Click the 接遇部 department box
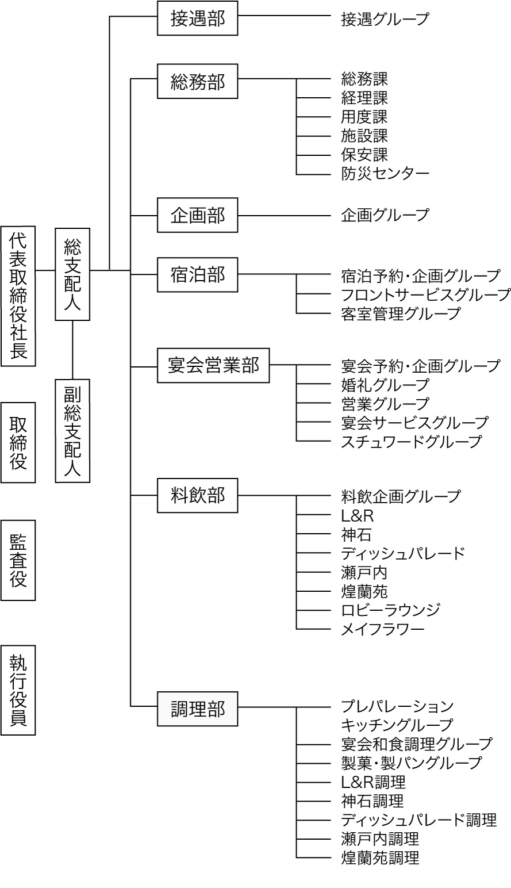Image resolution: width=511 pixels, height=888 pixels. [x=197, y=18]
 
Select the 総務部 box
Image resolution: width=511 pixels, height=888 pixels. [x=197, y=81]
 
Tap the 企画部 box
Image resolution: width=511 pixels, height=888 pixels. [x=197, y=215]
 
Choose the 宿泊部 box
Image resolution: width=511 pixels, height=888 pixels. [x=197, y=275]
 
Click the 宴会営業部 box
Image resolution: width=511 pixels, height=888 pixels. [x=213, y=365]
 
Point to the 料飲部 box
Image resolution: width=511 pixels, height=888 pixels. [x=197, y=495]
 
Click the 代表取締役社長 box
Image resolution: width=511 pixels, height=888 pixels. [x=18, y=296]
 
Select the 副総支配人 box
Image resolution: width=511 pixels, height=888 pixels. [x=72, y=430]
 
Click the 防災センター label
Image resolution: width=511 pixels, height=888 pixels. [x=385, y=173]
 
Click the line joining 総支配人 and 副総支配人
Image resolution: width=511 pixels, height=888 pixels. [x=72, y=349]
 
